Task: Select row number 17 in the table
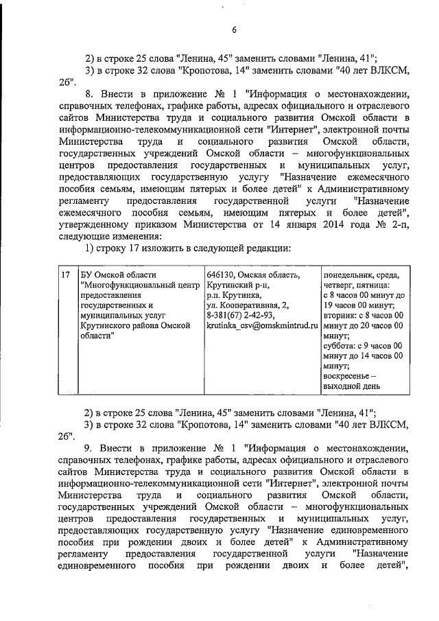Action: point(66,275)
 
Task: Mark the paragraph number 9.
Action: point(88,448)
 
